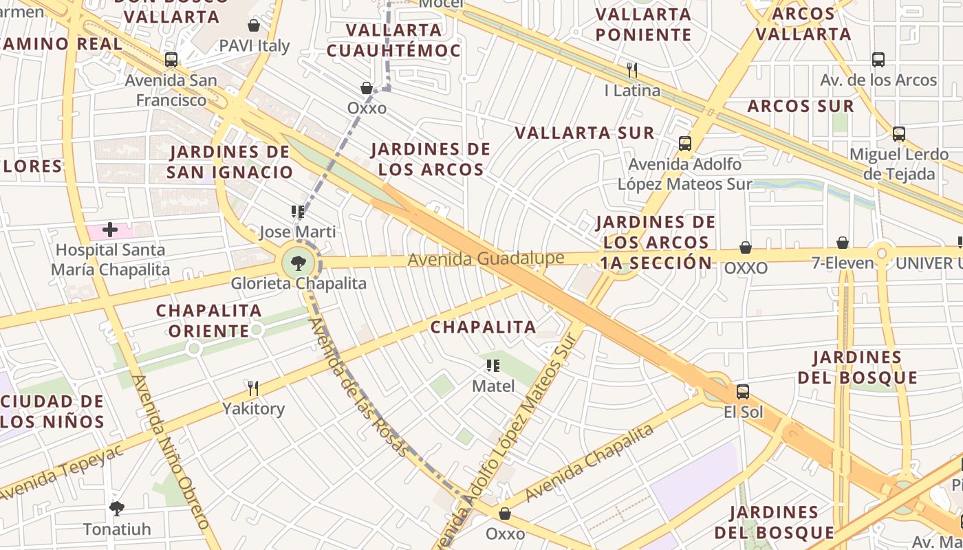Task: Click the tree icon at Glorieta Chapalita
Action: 299,262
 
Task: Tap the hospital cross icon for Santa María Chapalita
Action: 109,230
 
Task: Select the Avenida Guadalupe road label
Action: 486,259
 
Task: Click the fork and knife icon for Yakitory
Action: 253,388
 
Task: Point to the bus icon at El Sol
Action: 742,392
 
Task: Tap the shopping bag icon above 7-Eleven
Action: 842,243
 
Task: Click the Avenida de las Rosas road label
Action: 358,388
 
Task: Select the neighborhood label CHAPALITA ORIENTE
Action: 208,320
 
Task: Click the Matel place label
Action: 493,386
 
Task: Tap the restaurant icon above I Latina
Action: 632,69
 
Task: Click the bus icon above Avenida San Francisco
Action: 171,60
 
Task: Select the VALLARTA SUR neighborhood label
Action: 585,133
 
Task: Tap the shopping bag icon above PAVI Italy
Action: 254,25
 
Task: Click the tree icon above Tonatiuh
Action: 116,509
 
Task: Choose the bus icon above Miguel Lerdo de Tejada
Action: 898,134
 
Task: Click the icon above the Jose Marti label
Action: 298,212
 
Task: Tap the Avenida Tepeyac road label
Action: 62,473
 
